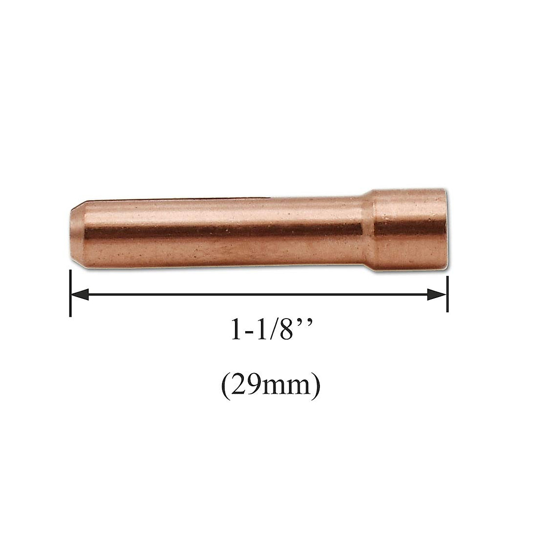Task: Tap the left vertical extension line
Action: click(x=71, y=293)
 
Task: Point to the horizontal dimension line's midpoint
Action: click(x=259, y=294)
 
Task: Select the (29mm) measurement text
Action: click(x=271, y=384)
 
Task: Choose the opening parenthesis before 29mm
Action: click(x=225, y=384)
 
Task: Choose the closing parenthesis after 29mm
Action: click(x=316, y=384)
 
